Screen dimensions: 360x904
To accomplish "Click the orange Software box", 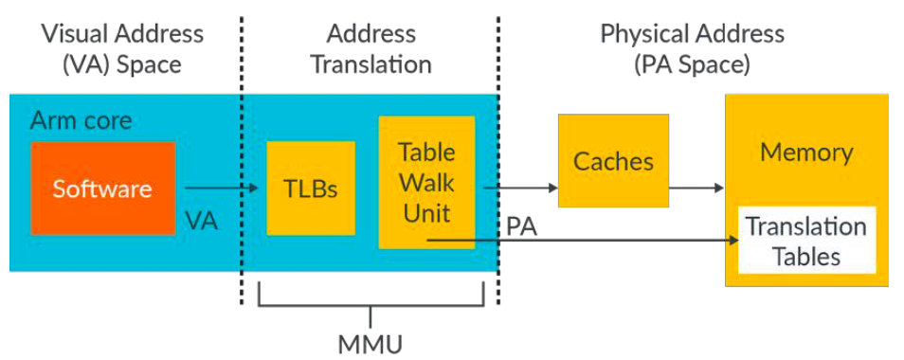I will (x=102, y=188).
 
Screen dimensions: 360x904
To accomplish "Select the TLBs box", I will (x=311, y=188).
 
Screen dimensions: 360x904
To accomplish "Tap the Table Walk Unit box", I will (x=425, y=182).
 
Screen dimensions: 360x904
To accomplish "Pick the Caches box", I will (x=613, y=160).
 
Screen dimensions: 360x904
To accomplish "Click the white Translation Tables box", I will (x=805, y=241).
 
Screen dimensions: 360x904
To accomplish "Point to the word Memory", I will (x=806, y=153).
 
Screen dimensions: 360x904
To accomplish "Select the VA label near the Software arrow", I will (x=201, y=223).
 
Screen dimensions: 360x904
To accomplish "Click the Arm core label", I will (x=81, y=121).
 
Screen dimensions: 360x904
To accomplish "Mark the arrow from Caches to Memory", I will (x=696, y=189).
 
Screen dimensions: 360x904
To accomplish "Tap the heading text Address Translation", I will (x=371, y=49).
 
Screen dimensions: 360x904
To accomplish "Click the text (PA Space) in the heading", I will (x=692, y=65).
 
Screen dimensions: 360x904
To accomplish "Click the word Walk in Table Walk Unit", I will (x=425, y=182).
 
